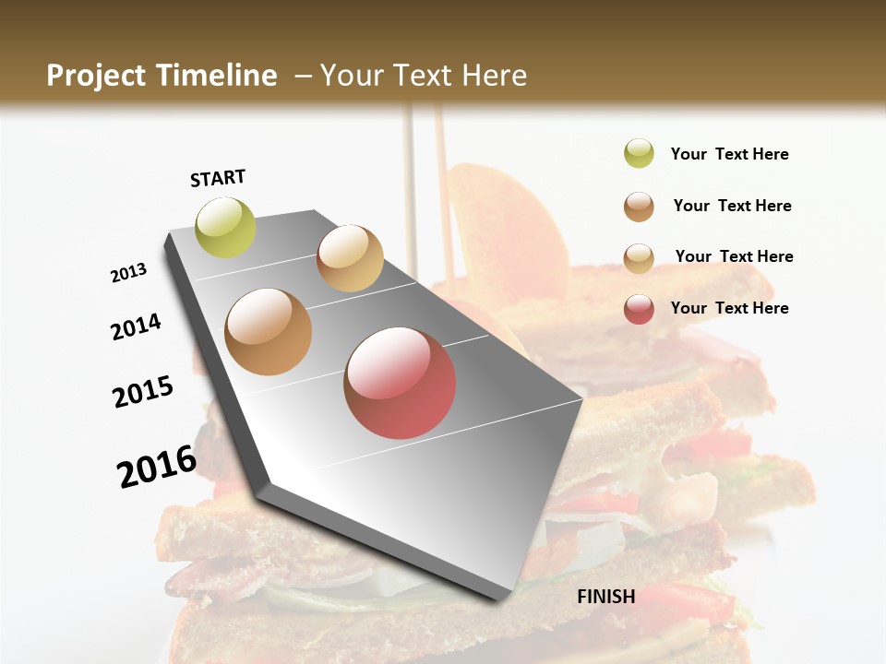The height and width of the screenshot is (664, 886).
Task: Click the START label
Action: [x=218, y=178]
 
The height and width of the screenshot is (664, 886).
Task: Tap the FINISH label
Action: [x=605, y=597]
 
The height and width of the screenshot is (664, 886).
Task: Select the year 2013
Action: [x=129, y=273]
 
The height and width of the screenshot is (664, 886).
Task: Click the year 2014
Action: [x=137, y=326]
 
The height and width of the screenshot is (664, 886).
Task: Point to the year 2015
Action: [x=143, y=391]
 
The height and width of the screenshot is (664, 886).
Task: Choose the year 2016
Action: [x=157, y=466]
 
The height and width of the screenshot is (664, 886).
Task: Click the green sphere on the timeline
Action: [x=225, y=227]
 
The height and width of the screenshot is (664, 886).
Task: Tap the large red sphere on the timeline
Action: [x=400, y=382]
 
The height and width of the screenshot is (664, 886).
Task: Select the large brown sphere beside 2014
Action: [x=269, y=332]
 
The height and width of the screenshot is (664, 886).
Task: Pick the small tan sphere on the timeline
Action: [x=350, y=258]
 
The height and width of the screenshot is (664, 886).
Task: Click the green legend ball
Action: [x=639, y=154]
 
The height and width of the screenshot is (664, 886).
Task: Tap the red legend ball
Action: [x=639, y=309]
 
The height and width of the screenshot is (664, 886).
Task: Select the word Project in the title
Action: [x=96, y=76]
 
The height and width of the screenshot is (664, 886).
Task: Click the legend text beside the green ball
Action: [x=729, y=154]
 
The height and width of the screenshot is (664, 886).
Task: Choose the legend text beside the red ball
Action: [x=729, y=308]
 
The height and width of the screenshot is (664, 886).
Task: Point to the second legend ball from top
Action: [x=639, y=207]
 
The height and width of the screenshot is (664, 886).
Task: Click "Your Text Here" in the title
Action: [x=424, y=76]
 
